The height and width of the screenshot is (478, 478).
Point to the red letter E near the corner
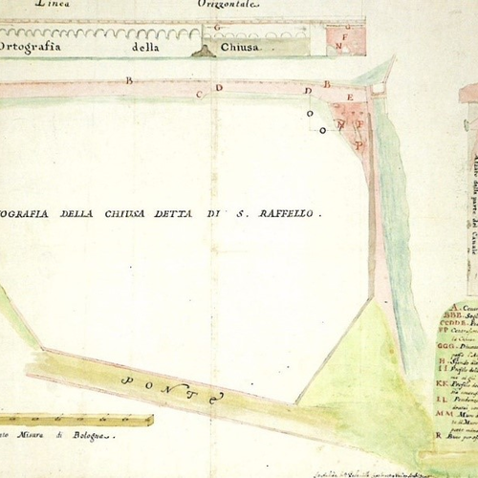[x=351, y=98]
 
